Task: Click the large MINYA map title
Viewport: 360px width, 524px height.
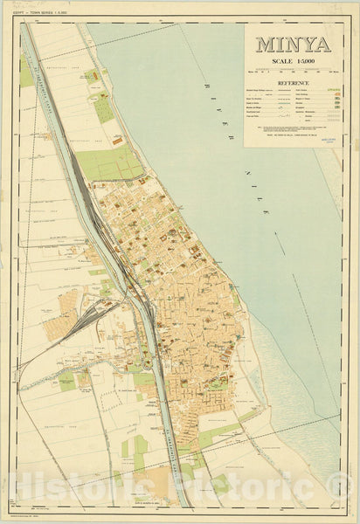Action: coord(293,45)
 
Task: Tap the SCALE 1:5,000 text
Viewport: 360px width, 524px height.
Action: coord(293,62)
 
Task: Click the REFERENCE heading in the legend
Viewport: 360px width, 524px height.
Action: coord(293,84)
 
